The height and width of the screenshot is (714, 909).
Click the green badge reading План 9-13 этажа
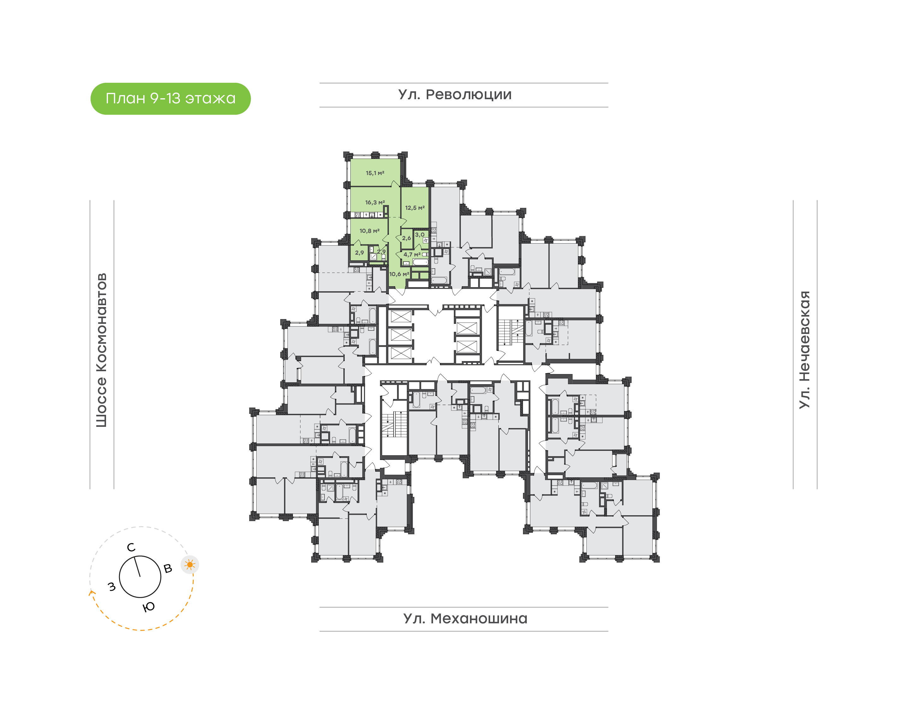tap(170, 99)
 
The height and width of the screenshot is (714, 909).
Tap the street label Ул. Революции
tap(455, 94)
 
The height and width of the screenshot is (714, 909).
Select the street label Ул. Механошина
tap(465, 618)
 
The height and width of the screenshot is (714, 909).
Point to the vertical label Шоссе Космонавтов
tap(101, 350)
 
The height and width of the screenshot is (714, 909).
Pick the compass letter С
tap(131, 548)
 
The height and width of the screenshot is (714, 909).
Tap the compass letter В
tap(168, 569)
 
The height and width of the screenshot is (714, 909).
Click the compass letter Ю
tap(149, 607)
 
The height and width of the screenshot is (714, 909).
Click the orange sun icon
tap(190, 565)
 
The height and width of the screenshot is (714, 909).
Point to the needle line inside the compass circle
tap(137, 566)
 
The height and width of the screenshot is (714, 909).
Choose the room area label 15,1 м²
tap(375, 173)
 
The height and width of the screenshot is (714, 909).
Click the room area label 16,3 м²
tap(375, 202)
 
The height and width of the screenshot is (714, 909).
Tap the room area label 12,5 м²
tap(415, 208)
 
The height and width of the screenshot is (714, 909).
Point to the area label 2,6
tap(406, 238)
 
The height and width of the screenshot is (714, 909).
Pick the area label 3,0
tap(419, 235)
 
